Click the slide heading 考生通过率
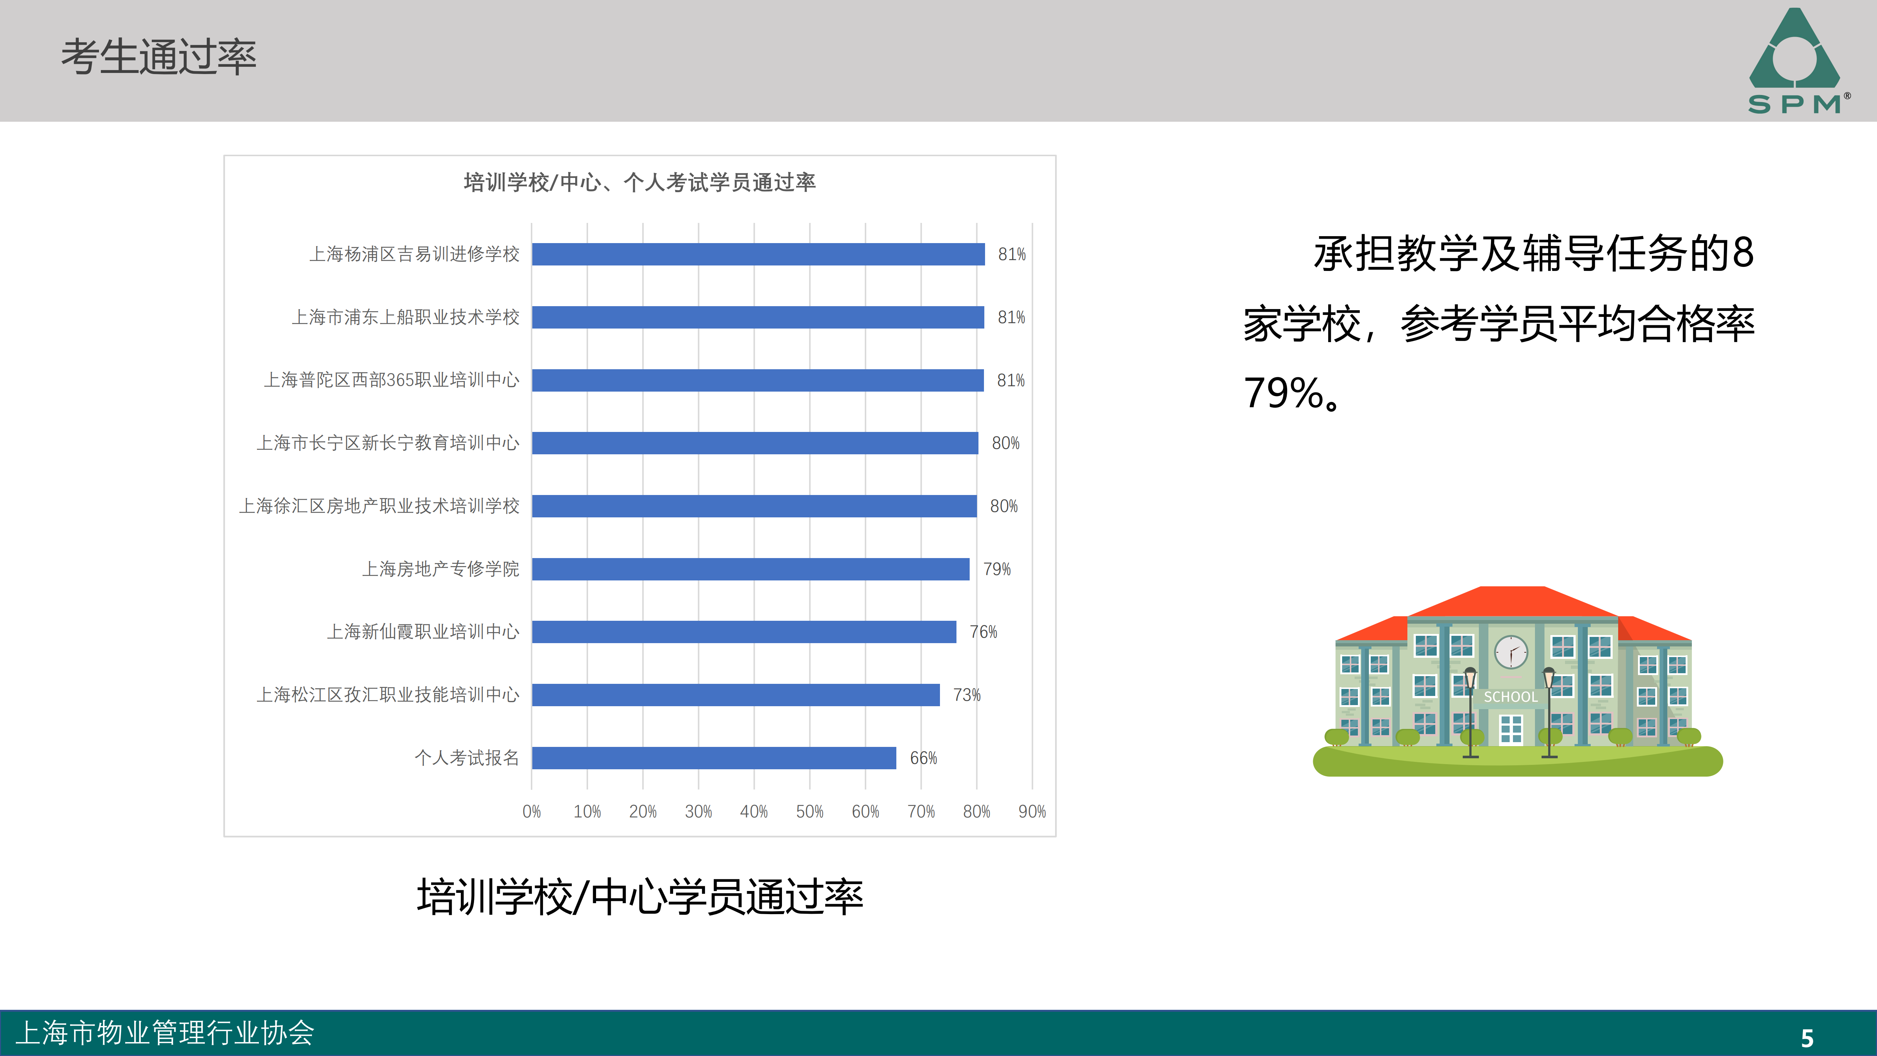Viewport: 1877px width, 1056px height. [x=159, y=57]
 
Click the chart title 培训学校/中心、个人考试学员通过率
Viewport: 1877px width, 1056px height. [x=640, y=182]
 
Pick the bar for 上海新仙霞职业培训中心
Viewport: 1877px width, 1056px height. [x=743, y=632]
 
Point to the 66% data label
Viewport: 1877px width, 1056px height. [x=923, y=758]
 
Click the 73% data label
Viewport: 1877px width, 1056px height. [x=967, y=695]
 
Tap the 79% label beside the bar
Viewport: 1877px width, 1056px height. [x=997, y=569]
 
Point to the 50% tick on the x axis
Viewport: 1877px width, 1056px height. [x=809, y=811]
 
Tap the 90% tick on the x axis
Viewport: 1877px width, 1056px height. [x=1032, y=811]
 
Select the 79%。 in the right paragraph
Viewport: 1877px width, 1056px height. [x=1291, y=393]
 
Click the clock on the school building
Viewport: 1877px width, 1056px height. [x=1511, y=652]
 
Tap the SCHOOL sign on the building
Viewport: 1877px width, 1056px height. [x=1510, y=697]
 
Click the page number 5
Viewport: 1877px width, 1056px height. [x=1807, y=1038]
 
